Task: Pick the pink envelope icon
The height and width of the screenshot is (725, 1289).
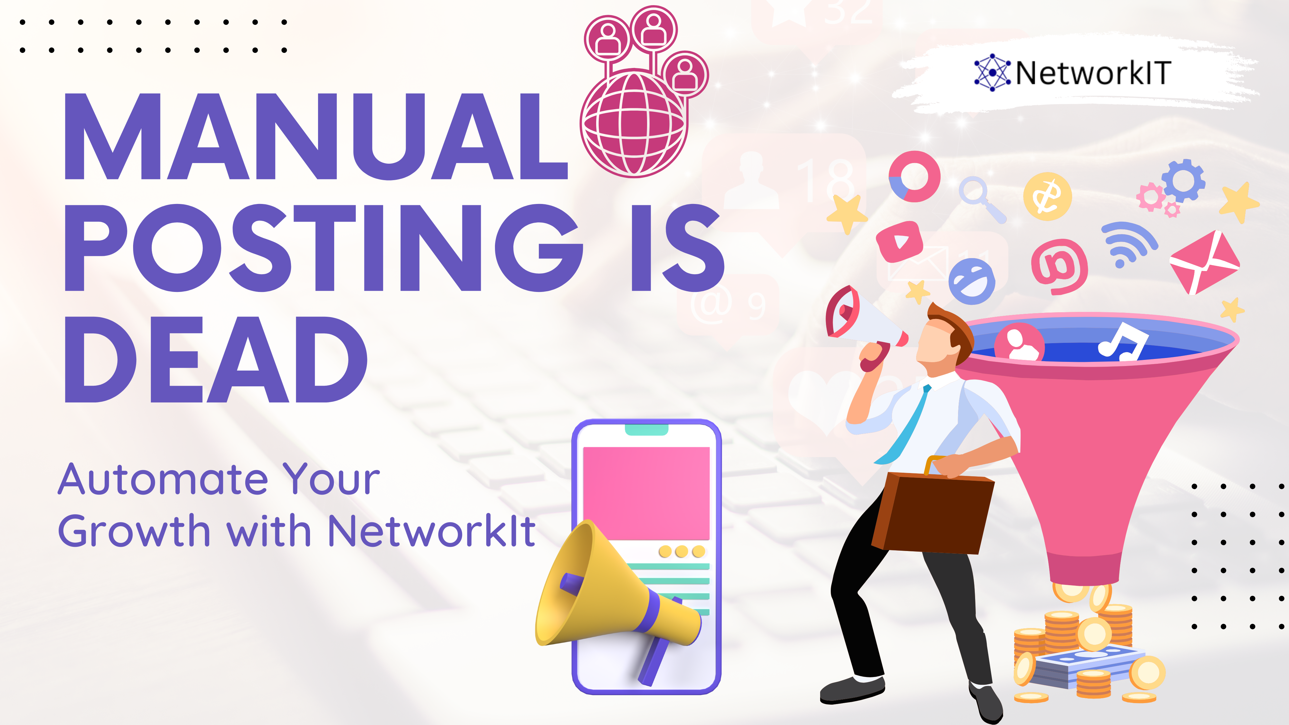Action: (x=1203, y=262)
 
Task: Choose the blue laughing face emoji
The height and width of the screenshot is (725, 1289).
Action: (x=972, y=281)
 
